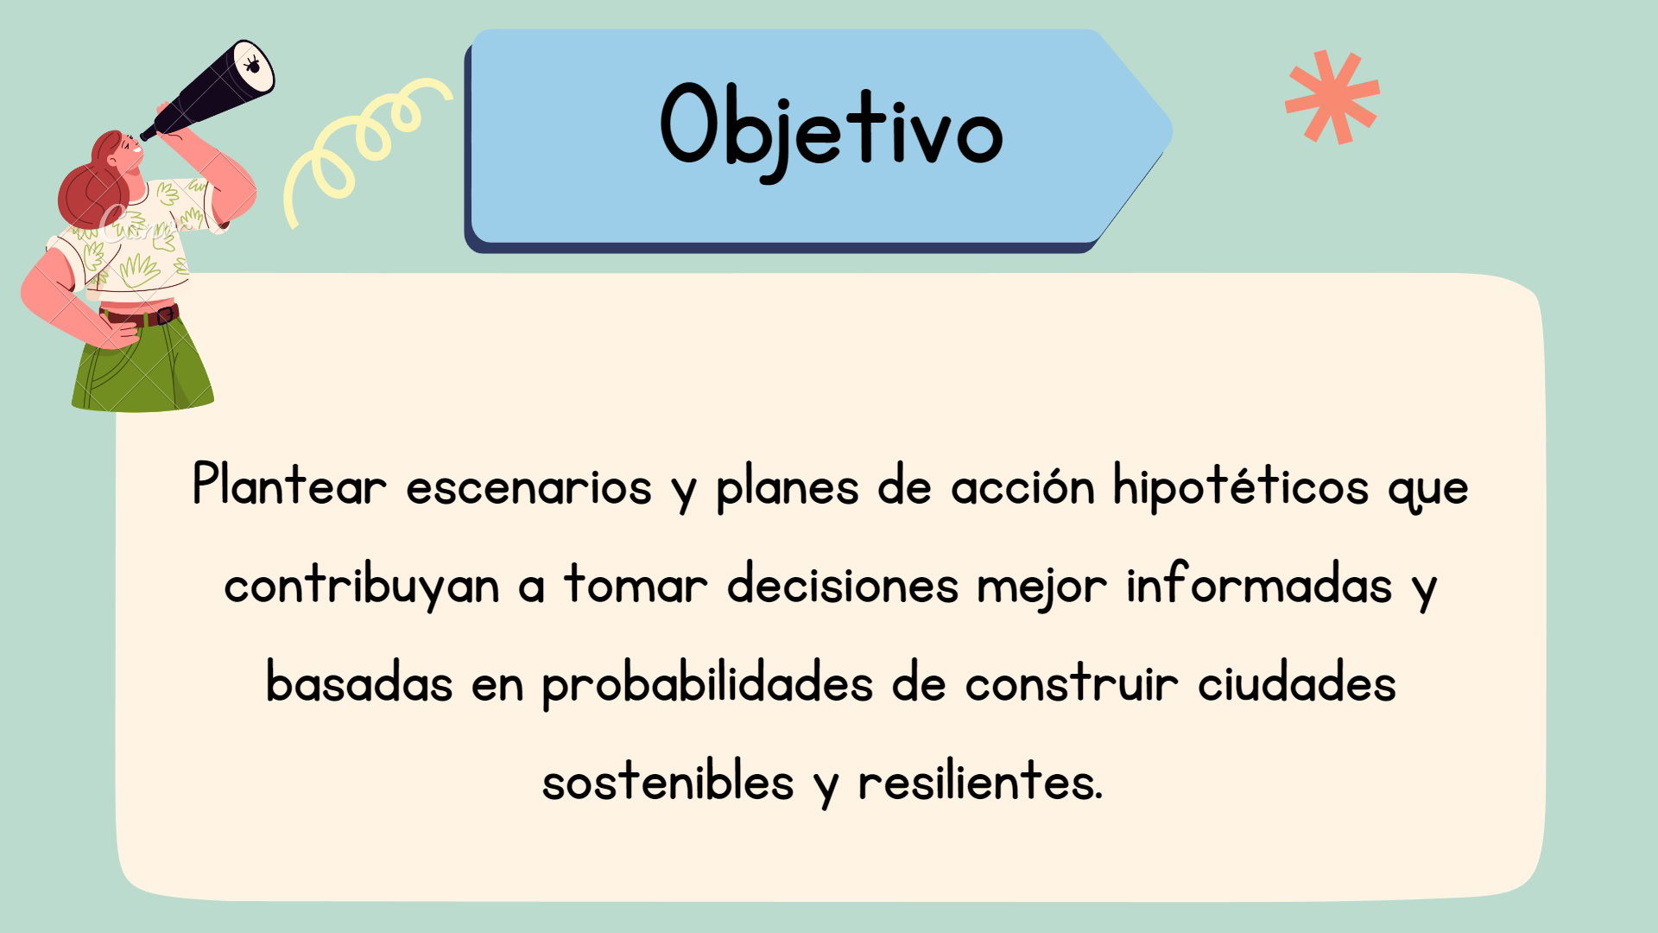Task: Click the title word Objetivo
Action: tap(832, 130)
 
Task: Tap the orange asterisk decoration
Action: tap(1332, 97)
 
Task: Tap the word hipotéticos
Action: tap(1241, 486)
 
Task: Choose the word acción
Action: tap(1022, 486)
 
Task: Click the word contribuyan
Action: tap(362, 586)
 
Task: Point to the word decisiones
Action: tap(843, 584)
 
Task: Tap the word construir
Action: tap(1071, 683)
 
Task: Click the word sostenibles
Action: tap(668, 782)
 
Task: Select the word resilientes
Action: tap(980, 782)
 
